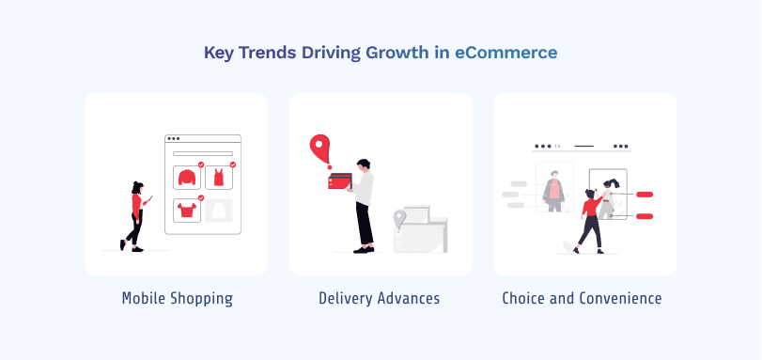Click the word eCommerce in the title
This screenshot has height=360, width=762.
pyautogui.click(x=505, y=53)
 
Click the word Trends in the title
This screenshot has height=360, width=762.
pyautogui.click(x=272, y=53)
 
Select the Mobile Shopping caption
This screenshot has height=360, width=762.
pyautogui.click(x=177, y=299)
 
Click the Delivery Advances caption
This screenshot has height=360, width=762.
pyautogui.click(x=380, y=299)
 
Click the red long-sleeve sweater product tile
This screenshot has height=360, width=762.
pyautogui.click(x=186, y=177)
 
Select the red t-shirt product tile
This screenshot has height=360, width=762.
pyautogui.click(x=186, y=210)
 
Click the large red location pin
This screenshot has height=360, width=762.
pyautogui.click(x=320, y=149)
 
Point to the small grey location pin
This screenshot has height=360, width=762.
pyautogui.click(x=399, y=221)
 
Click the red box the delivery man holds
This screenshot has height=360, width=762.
pyautogui.click(x=339, y=182)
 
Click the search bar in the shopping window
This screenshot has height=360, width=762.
pyautogui.click(x=203, y=153)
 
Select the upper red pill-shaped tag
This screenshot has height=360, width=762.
pyautogui.click(x=645, y=195)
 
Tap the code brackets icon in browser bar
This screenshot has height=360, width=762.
pyautogui.click(x=557, y=147)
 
